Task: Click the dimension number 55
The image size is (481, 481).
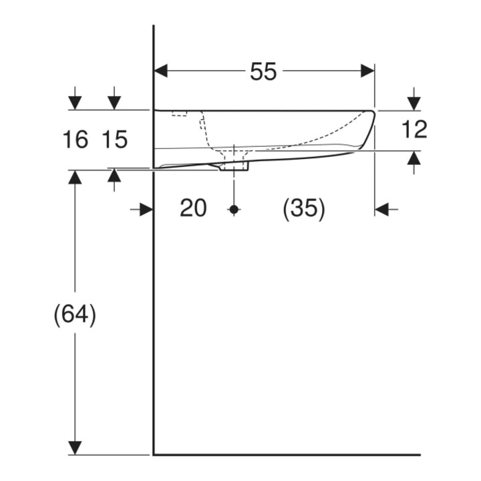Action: (263, 71)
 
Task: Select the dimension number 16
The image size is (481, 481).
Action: (75, 139)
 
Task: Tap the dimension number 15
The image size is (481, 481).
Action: (114, 139)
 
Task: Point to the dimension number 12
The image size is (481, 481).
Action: (414, 129)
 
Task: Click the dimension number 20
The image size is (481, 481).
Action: (193, 208)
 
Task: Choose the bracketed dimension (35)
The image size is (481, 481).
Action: (303, 209)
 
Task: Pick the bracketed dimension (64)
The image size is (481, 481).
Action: (75, 315)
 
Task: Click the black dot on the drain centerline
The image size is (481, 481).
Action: (234, 210)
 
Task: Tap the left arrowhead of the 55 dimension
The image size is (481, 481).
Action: (161, 71)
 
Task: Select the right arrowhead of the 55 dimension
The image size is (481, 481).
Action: (367, 71)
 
